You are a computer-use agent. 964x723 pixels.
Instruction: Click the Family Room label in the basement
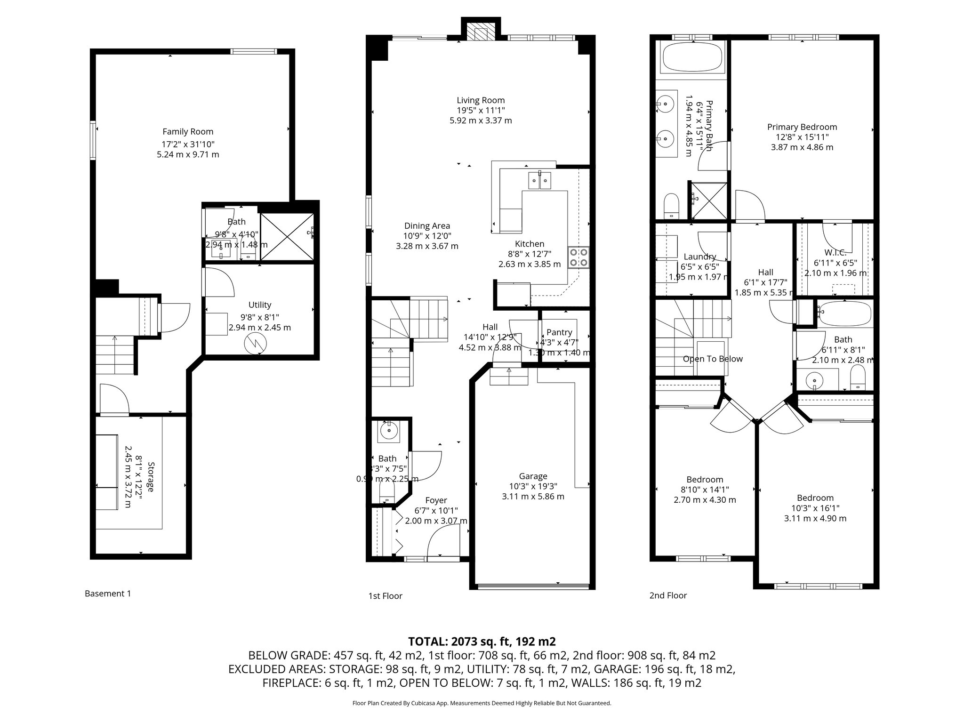(x=188, y=132)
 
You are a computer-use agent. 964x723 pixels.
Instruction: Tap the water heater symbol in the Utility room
(x=256, y=344)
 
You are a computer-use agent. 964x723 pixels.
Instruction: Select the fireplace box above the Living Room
(x=481, y=32)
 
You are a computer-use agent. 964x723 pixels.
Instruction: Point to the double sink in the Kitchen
(x=540, y=180)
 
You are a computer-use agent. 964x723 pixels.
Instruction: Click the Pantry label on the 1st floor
(x=559, y=332)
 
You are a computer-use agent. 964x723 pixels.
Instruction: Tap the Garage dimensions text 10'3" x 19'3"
(x=533, y=486)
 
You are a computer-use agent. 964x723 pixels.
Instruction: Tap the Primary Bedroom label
(x=802, y=127)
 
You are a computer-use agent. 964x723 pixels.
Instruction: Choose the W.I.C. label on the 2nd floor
(x=835, y=253)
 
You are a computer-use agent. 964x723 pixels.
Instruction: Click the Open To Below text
(x=713, y=359)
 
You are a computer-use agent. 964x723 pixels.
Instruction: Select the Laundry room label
(x=699, y=257)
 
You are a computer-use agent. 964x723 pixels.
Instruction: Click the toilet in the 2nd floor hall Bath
(x=858, y=379)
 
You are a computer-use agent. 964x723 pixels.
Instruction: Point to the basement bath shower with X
(x=287, y=236)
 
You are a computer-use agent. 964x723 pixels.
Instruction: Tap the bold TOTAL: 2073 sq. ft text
(x=482, y=641)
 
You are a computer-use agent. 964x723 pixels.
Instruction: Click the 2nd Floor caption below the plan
(x=668, y=595)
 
